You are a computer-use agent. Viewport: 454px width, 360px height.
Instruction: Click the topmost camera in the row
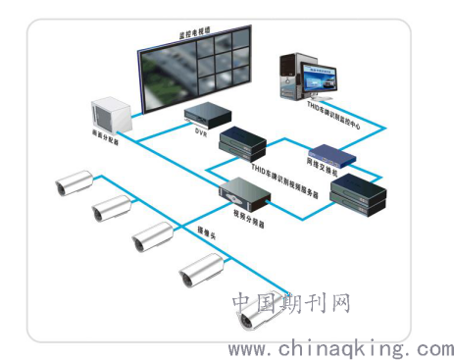(75, 180)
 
